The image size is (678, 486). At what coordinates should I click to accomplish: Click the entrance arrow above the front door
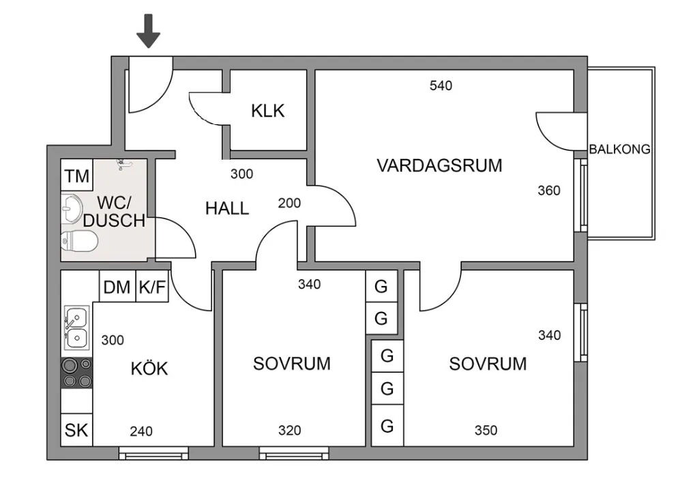coord(148,31)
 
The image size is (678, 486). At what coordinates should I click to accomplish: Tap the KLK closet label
coord(267,111)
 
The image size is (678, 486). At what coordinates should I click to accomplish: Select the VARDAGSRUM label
coord(439,165)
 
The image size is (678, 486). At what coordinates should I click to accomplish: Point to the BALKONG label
coord(619,149)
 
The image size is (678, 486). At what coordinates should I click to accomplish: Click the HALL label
coord(227,208)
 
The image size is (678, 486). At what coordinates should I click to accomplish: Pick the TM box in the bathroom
coord(76,177)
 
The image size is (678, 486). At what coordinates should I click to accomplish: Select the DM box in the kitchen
coord(117,287)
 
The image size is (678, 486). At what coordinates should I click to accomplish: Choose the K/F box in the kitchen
coord(152,287)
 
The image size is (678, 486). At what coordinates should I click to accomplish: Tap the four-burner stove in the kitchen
coord(77,373)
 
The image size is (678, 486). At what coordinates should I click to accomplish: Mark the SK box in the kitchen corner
coord(76,430)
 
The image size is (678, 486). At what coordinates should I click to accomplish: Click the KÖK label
coord(149,369)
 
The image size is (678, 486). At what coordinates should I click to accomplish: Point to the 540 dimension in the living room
coord(441,85)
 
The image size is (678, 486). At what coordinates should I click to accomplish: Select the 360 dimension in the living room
coord(549,190)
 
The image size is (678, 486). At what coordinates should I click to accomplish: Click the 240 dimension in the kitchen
coord(141,431)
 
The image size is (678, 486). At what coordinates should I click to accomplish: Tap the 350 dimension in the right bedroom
coord(486,431)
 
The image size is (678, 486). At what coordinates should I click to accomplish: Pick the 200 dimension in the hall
coord(289,203)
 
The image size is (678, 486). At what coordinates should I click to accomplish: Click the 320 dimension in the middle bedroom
coord(289,431)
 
